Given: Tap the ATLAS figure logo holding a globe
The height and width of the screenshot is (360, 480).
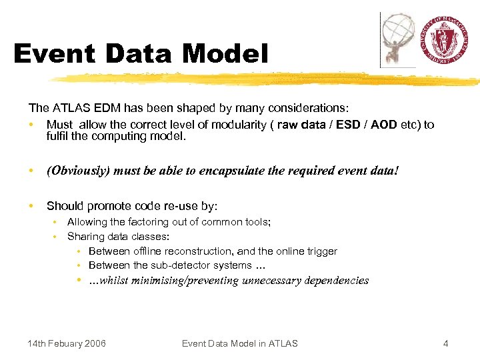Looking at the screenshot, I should [398, 39].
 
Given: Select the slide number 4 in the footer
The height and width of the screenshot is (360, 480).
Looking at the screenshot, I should [445, 343].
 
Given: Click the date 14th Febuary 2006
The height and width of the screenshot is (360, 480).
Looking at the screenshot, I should [67, 343].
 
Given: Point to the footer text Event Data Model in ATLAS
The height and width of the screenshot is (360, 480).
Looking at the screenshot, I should [240, 343].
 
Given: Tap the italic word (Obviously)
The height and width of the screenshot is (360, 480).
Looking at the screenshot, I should [78, 171].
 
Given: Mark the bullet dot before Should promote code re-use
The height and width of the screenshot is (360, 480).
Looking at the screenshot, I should [31, 207].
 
